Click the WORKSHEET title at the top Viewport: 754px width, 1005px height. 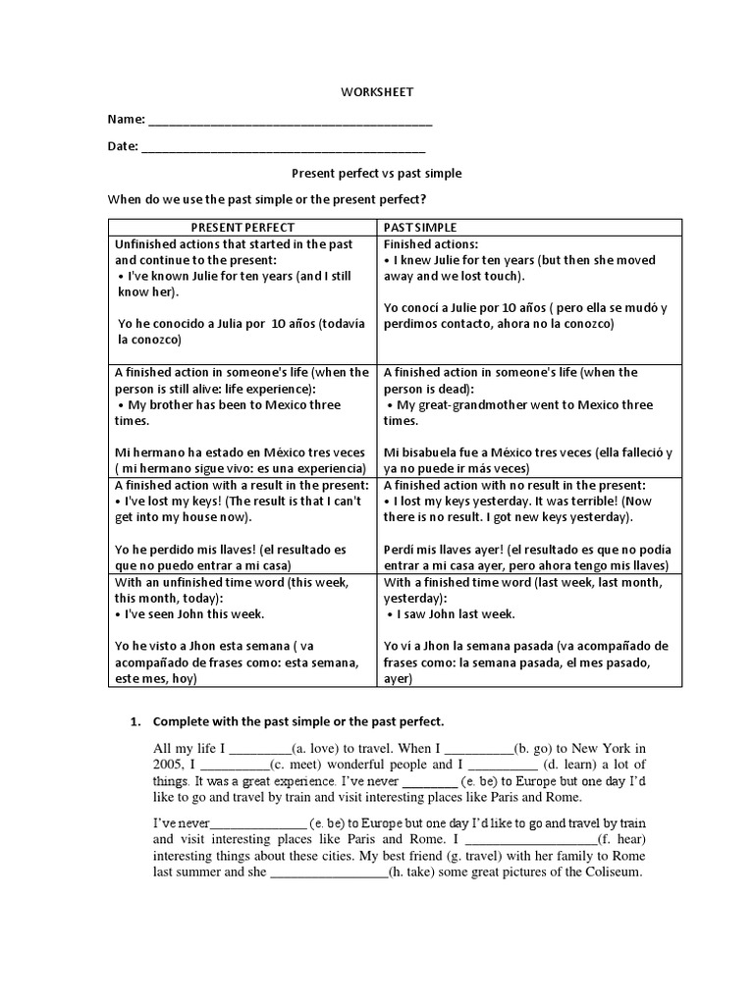377,91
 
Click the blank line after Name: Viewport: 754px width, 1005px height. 290,122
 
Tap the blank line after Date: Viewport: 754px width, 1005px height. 284,150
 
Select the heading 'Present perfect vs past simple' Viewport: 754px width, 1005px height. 377,173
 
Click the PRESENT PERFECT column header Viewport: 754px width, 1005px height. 242,228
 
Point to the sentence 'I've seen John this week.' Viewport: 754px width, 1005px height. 194,613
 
